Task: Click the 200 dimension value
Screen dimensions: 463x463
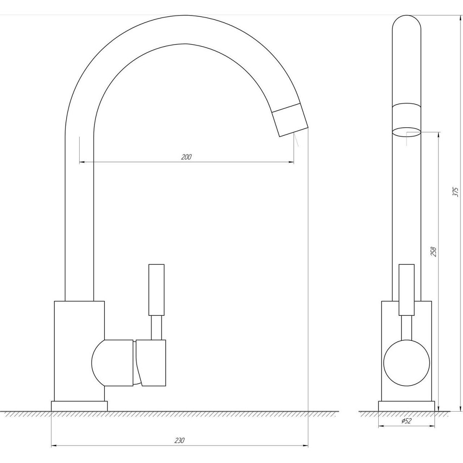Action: point(186,157)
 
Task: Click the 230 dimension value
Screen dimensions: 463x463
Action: point(180,441)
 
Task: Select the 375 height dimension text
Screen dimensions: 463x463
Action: point(455,192)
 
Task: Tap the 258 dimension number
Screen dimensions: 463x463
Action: point(433,251)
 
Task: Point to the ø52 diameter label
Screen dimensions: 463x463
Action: point(406,420)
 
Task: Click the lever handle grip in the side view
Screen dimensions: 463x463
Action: point(407,290)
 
